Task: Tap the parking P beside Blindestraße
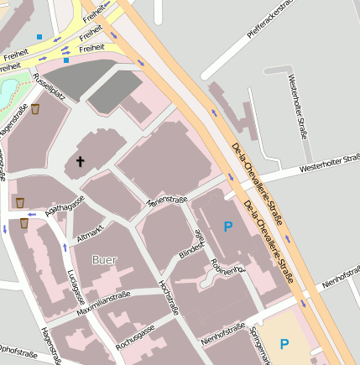coord(227,226)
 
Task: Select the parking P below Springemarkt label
coord(284,343)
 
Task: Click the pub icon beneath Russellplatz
coord(35,109)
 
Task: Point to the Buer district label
coord(105,260)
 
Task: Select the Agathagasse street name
coord(65,207)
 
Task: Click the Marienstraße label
coord(166,200)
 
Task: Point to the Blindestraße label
coord(191,243)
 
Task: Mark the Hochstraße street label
coord(168,297)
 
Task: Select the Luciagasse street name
coord(76,287)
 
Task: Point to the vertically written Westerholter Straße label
coord(298,107)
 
